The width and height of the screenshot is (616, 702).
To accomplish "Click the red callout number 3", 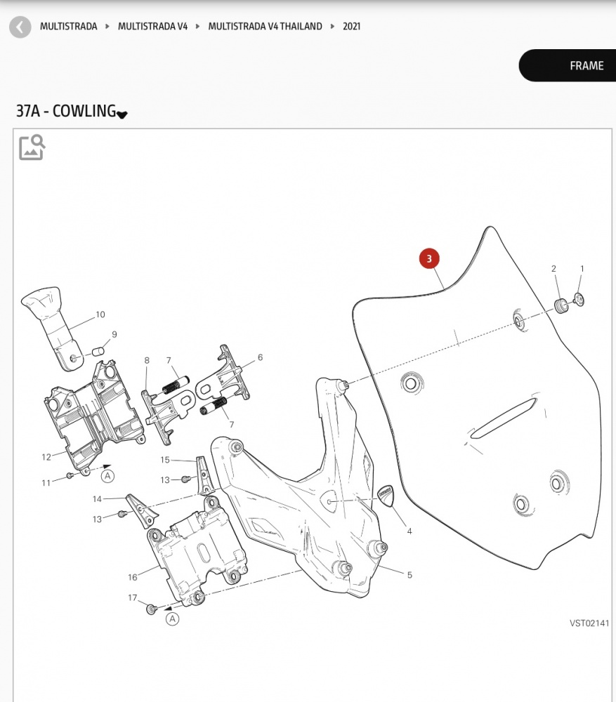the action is [x=429, y=258].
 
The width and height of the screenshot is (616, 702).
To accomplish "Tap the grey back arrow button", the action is [x=20, y=27].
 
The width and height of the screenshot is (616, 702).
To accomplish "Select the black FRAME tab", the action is [x=568, y=65].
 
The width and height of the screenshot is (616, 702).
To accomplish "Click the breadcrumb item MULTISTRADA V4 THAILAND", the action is [x=265, y=27].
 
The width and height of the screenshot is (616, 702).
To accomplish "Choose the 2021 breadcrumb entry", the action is [x=352, y=27].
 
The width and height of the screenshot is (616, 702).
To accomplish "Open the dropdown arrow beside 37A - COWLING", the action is [x=122, y=114].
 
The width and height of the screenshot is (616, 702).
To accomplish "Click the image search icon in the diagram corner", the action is [x=32, y=147].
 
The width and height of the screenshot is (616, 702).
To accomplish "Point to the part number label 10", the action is [x=100, y=314].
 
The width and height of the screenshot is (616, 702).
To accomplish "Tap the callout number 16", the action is [x=133, y=577].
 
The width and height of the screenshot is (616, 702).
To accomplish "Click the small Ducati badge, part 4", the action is [x=386, y=496].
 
